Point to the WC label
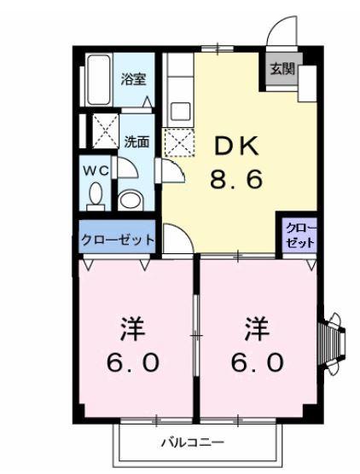(96, 170)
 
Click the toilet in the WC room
(96, 195)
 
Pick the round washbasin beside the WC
(130, 199)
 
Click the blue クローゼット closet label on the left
(117, 240)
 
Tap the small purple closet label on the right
(299, 234)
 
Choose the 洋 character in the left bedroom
(131, 328)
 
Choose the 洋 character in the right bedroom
(255, 328)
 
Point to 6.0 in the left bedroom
(131, 363)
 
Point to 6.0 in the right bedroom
(255, 363)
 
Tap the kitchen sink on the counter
(182, 110)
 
